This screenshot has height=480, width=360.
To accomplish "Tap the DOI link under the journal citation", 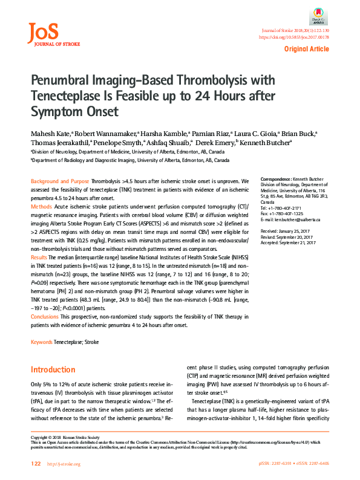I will pos(293,37).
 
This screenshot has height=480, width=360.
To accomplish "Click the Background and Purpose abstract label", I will pos(59,181).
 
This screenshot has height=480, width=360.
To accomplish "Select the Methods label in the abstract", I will pos(41,207).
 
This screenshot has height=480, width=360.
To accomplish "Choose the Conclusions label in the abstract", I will pos(45,317).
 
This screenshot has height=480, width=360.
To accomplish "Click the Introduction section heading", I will pos(53,369).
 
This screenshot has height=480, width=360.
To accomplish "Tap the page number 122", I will pos(35,464).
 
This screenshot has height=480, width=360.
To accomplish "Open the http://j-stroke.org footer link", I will pos(64,464).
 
